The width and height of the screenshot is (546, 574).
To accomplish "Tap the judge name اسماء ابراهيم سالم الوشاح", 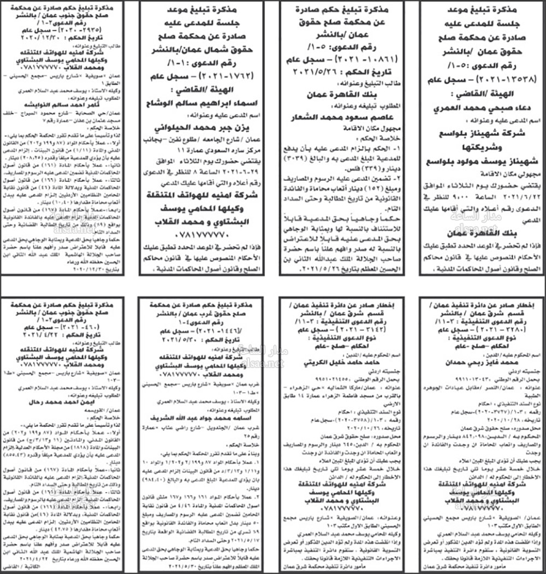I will pyautogui.click(x=207, y=102).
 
